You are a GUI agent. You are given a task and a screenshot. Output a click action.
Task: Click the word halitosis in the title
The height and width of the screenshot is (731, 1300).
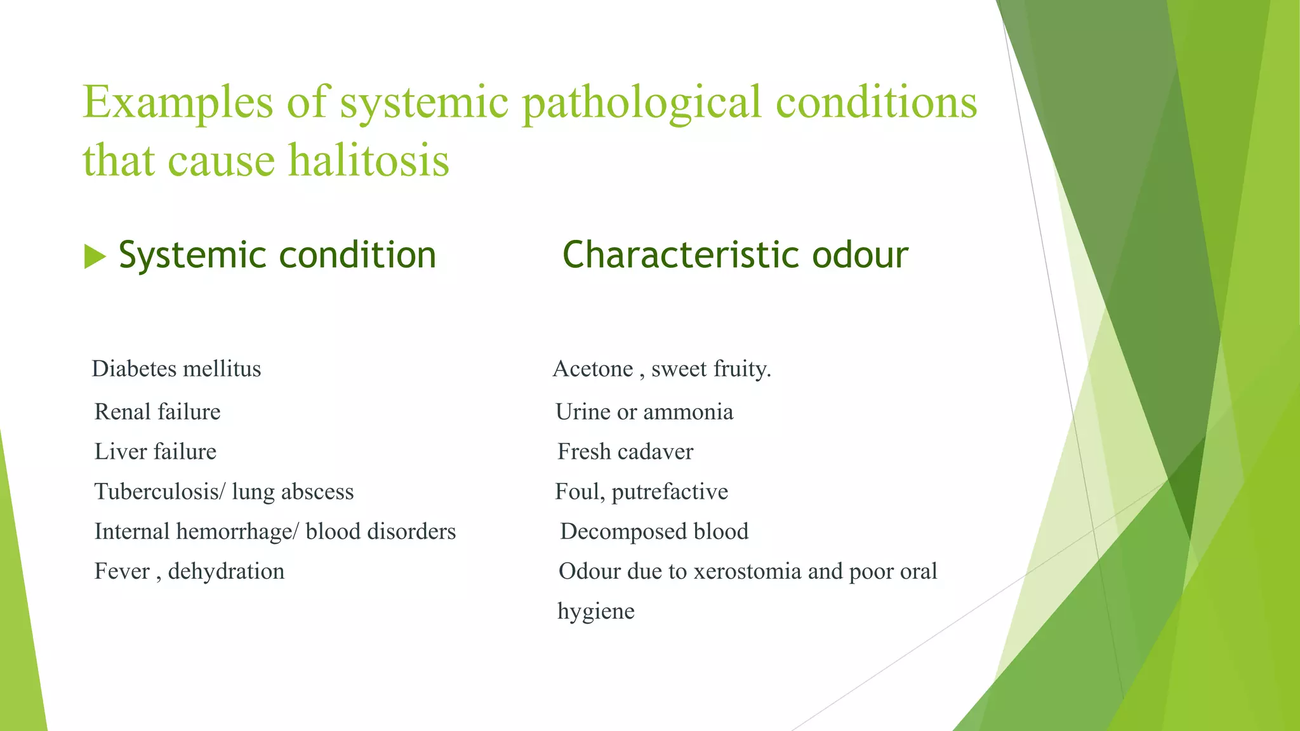[x=369, y=160]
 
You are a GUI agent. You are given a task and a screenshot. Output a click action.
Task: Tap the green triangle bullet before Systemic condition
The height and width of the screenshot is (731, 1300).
[x=94, y=257]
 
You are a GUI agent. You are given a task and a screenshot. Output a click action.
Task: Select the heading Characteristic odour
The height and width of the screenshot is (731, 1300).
[x=735, y=255]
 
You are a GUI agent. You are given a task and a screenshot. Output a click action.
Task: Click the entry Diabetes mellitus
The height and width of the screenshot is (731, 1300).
[x=176, y=369]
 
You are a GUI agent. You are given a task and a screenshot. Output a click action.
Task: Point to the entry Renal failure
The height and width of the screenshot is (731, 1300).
[x=157, y=412]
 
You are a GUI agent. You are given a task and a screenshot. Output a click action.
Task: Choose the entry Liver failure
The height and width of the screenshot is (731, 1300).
[x=156, y=452]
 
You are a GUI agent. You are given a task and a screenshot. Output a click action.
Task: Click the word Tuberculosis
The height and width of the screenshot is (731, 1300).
[x=156, y=492]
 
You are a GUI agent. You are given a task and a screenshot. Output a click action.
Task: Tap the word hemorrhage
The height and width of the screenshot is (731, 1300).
[x=234, y=532]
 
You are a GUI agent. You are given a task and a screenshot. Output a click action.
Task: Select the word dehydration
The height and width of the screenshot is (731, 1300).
[x=226, y=572]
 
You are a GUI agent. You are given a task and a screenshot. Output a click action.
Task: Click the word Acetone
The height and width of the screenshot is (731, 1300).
[x=593, y=369]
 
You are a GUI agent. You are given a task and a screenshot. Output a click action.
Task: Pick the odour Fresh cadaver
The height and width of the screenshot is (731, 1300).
[x=625, y=452]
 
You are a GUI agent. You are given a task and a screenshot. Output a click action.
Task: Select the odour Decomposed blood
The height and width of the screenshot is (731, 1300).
[x=654, y=532]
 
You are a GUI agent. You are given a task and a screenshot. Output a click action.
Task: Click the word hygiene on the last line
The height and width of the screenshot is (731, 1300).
[x=596, y=612]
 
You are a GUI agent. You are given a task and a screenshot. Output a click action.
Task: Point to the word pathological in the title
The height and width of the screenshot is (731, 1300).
[x=641, y=103]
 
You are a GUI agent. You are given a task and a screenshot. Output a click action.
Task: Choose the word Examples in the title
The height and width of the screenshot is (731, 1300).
[x=178, y=103]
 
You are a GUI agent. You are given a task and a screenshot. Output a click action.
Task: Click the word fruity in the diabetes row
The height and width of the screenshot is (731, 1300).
[x=741, y=369]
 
